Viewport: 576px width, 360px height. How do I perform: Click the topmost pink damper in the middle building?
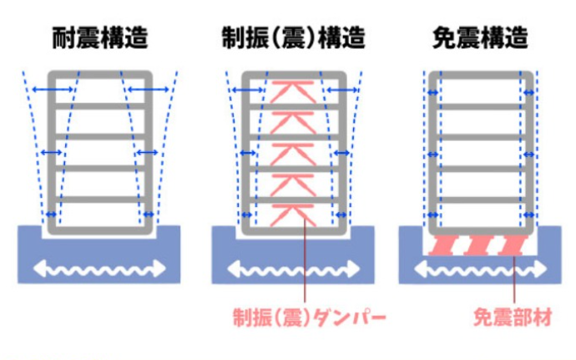point(294,90)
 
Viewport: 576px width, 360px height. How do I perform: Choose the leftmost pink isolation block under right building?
point(442,245)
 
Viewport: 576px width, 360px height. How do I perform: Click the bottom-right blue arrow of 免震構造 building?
point(529,215)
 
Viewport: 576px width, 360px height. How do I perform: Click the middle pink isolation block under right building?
point(480,245)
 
